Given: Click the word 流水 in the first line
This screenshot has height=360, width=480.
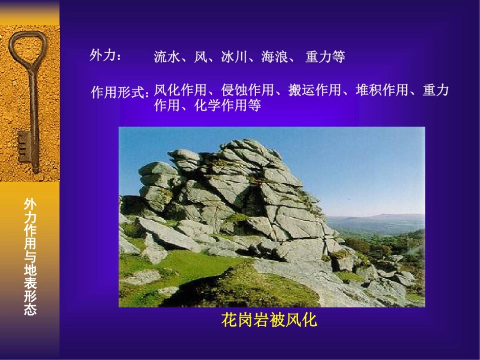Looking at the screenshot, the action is (167, 57).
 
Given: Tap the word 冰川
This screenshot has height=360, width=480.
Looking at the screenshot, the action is (234, 57).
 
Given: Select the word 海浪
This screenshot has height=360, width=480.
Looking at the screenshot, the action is (274, 57).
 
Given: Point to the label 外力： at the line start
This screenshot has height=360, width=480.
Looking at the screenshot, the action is (105, 56).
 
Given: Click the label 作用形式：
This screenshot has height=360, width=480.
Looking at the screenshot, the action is (120, 92).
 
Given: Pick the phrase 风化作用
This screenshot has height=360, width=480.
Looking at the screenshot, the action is (180, 90).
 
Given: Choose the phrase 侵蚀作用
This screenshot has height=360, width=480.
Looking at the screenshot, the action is (248, 90).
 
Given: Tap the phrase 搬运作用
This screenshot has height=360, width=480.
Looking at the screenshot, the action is (315, 90).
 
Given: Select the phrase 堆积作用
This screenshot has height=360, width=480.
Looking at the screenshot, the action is (382, 90).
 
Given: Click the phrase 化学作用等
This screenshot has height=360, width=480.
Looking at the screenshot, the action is (228, 105).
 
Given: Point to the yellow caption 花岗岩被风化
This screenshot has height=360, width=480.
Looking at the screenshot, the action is (269, 320).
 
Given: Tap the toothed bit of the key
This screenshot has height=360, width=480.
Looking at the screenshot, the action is (24, 147).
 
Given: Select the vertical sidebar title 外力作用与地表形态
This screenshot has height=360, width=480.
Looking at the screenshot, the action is (30, 256).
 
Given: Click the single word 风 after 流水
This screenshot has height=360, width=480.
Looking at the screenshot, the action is (201, 57).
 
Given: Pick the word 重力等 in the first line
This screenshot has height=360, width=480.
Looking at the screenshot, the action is (325, 57).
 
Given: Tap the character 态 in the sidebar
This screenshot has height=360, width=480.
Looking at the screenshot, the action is (30, 309).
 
